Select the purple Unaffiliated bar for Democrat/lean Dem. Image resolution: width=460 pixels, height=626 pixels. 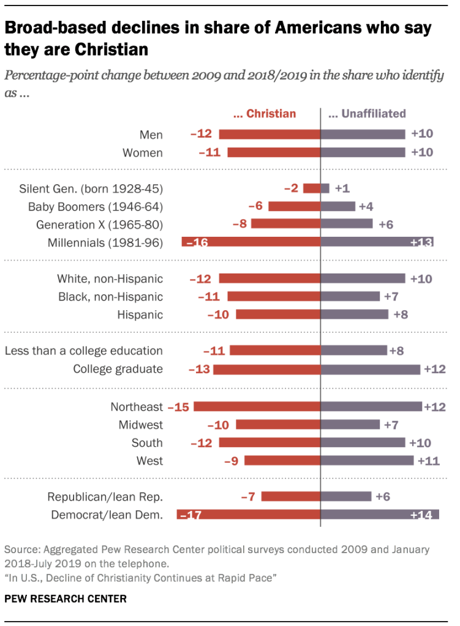click(x=380, y=515)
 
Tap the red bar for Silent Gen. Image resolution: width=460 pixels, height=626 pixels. click(x=311, y=188)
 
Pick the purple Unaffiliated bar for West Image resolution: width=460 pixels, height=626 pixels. click(x=367, y=460)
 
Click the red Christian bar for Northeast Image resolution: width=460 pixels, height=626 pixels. click(x=258, y=407)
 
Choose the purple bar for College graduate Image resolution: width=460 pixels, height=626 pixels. click(x=371, y=369)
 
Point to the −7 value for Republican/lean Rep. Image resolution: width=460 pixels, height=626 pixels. click(x=248, y=497)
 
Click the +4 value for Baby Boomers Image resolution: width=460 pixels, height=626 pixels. click(x=366, y=206)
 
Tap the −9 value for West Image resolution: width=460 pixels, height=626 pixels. click(x=232, y=460)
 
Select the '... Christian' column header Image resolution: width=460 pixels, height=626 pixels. click(x=265, y=113)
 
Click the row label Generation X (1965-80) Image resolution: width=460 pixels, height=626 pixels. click(x=108, y=225)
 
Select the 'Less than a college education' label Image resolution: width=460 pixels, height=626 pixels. click(x=84, y=351)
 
